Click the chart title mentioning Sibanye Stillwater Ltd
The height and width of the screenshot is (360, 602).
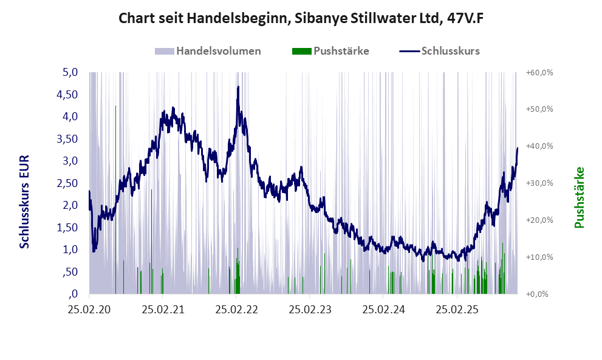(x=301, y=18)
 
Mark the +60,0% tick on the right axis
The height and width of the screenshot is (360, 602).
(x=538, y=72)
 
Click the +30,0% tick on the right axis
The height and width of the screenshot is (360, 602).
(x=538, y=183)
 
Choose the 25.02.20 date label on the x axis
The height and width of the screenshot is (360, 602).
(x=89, y=309)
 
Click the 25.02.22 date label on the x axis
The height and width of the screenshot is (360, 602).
(x=237, y=309)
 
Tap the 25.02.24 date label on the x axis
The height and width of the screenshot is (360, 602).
(x=384, y=309)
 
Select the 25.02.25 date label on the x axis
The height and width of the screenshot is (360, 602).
(x=457, y=309)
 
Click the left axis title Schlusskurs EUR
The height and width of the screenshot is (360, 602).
(x=25, y=201)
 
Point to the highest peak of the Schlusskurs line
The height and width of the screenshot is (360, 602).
(x=238, y=87)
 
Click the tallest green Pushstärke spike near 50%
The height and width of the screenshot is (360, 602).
(x=115, y=107)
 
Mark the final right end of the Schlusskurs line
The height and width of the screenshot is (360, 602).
(x=518, y=148)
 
